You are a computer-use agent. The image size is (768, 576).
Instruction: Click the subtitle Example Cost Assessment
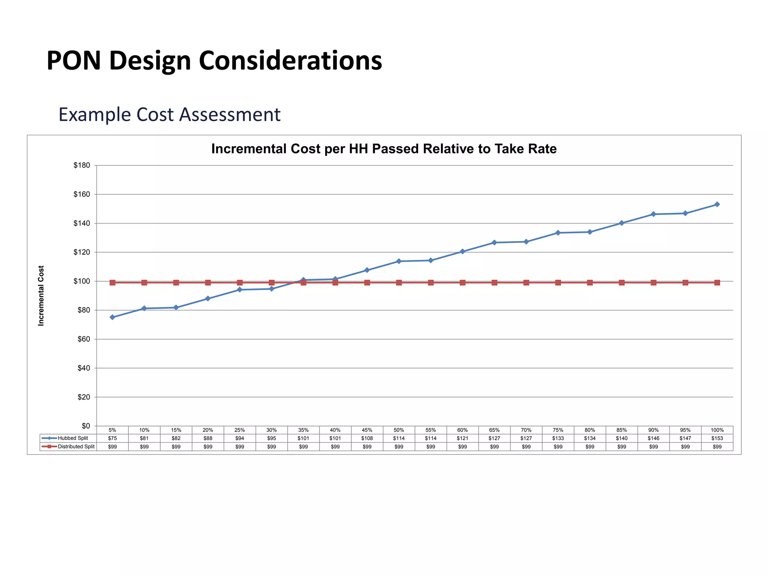[x=169, y=114]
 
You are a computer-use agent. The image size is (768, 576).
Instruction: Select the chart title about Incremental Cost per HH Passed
[x=384, y=149]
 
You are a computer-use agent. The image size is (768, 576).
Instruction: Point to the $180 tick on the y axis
[x=82, y=165]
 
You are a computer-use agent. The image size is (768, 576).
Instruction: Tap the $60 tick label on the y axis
[x=84, y=339]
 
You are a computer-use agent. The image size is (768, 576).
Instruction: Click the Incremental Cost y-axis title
[x=41, y=295]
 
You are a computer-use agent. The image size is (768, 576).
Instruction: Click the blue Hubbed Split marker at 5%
[x=112, y=317]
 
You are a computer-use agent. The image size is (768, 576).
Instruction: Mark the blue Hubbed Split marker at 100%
[x=717, y=204]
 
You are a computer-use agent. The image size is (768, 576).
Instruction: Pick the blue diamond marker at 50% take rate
[x=399, y=261]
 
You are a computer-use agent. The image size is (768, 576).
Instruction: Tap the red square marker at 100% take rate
[x=717, y=282]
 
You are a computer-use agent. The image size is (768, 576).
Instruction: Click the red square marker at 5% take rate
[x=112, y=282]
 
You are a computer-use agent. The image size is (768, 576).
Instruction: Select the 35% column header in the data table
[x=303, y=430]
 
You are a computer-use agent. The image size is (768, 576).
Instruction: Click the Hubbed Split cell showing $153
[x=717, y=438]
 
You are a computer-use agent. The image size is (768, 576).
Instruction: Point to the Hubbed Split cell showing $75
[x=112, y=438]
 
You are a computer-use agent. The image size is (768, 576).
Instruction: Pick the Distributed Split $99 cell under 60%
[x=462, y=447]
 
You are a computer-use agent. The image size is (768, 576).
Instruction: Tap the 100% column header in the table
[x=717, y=430]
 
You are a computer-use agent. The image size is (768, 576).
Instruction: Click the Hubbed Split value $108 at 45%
[x=367, y=438]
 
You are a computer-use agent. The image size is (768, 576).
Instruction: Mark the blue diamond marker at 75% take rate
[x=558, y=233]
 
